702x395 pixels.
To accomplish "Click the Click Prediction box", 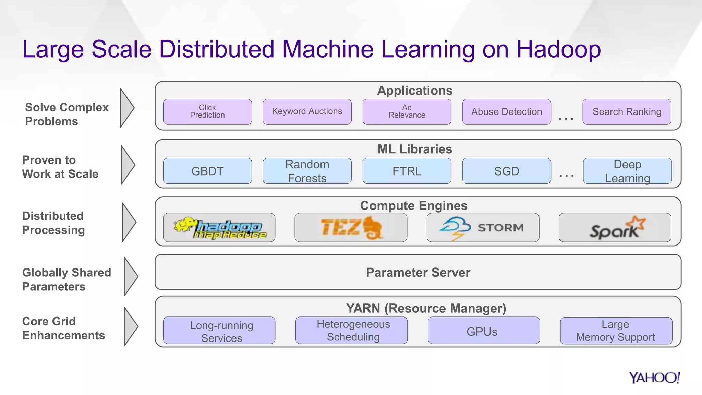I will click(207, 112).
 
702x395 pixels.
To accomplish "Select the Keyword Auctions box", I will click(307, 112).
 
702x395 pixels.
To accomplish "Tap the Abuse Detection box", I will click(507, 112).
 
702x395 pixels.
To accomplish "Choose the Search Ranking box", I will click(627, 112).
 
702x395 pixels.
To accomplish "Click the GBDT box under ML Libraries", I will click(207, 171).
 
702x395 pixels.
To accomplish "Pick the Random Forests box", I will click(307, 171).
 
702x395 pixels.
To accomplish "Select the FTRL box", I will click(407, 171).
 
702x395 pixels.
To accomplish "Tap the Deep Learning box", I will click(627, 171).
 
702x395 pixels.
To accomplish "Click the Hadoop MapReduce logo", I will click(219, 228).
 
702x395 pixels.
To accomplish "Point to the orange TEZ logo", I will click(351, 228).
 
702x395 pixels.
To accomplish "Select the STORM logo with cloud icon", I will click(483, 228).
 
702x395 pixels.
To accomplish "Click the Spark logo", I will click(615, 228).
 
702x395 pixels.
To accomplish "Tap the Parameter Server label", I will click(418, 272).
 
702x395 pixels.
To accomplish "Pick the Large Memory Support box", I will click(616, 331).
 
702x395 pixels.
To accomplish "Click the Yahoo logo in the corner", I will click(654, 378).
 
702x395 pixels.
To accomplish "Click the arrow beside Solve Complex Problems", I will click(127, 108).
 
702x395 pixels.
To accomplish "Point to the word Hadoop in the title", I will click(558, 49).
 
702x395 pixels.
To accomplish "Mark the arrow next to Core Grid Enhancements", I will click(131, 326).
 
